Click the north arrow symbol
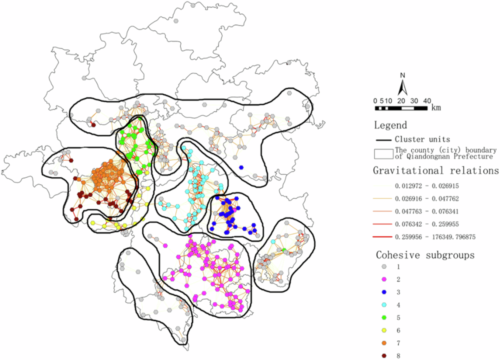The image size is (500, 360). click(x=403, y=86)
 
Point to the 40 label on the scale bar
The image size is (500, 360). click(x=427, y=100)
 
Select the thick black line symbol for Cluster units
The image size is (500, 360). click(x=383, y=139)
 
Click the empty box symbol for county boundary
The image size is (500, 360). click(x=383, y=152)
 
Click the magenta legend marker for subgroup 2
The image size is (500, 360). click(x=384, y=279)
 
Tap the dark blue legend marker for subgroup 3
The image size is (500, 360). click(x=384, y=292)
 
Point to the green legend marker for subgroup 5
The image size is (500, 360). click(x=384, y=317)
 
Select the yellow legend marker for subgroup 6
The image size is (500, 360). click(x=384, y=330)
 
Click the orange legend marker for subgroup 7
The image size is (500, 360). click(x=384, y=343)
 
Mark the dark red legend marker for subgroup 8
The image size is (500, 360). click(x=384, y=355)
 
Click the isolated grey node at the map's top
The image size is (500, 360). click(x=176, y=20)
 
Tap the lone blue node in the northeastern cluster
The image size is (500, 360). click(x=241, y=167)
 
